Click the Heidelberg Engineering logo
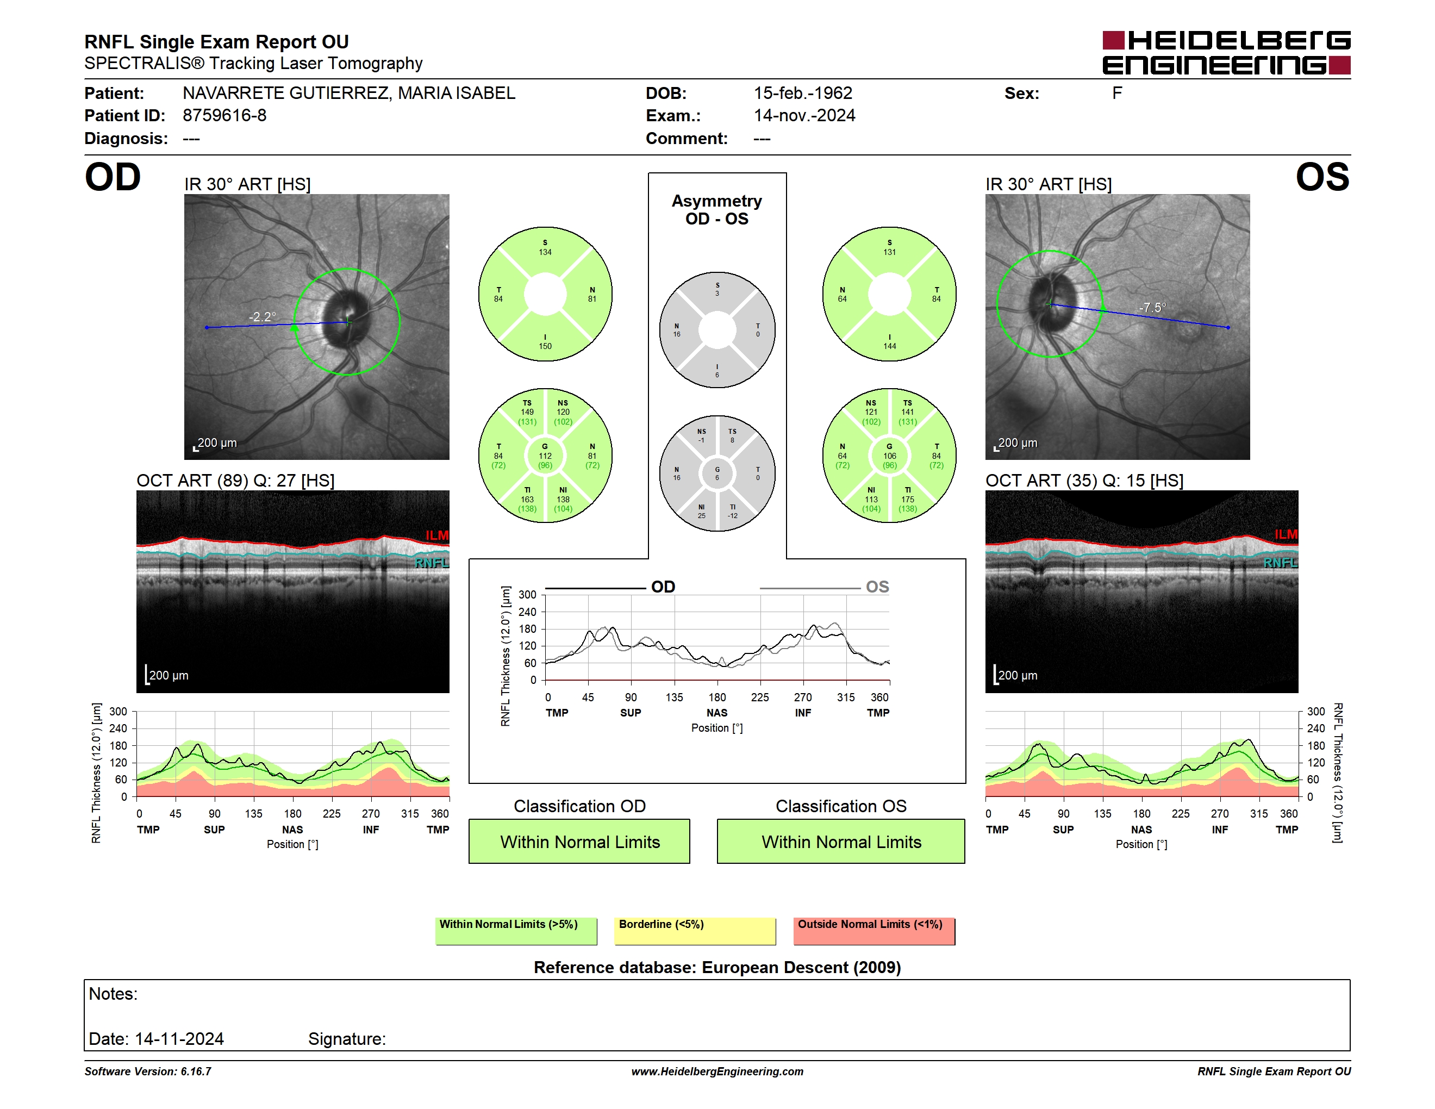1226,53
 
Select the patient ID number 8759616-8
224,116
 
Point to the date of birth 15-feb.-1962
803,94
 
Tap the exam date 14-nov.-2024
804,116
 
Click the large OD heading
113,177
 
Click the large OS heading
1322,177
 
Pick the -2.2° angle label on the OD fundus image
262,317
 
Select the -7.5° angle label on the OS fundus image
1152,308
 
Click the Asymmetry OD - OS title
717,210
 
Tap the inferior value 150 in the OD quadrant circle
545,346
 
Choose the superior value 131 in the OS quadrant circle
890,252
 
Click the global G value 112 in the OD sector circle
545,456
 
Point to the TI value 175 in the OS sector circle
907,499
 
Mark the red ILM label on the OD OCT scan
437,535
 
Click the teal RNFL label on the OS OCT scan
1281,563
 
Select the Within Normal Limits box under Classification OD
579,842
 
